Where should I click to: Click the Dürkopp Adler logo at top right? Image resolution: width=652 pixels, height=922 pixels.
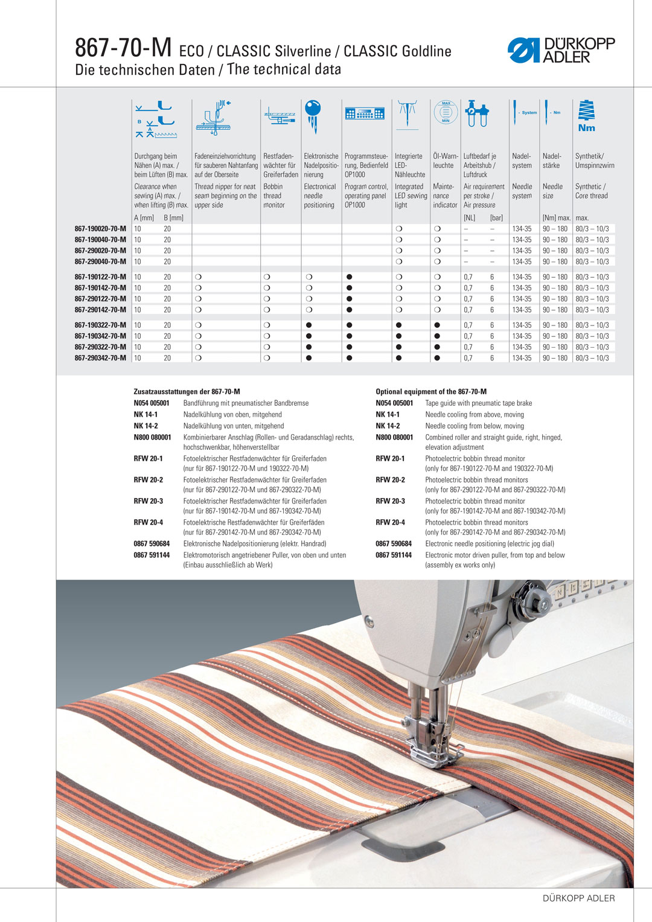click(561, 50)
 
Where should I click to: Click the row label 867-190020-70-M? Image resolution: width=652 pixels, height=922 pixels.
click(100, 229)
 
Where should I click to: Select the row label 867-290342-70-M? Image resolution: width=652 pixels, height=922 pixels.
click(100, 358)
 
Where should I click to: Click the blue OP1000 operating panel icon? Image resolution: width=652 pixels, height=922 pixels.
click(365, 114)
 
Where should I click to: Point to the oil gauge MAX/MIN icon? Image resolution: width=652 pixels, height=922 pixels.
click(446, 112)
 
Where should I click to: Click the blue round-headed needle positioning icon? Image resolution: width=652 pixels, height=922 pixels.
click(313, 115)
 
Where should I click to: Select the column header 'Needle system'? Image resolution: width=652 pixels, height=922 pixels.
click(522, 191)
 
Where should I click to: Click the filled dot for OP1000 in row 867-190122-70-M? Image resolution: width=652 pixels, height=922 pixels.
click(350, 277)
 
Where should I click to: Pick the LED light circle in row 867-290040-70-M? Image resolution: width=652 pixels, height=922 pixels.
click(399, 261)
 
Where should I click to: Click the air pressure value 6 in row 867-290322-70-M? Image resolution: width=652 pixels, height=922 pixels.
click(492, 347)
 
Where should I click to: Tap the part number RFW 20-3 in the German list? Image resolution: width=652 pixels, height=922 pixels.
click(148, 501)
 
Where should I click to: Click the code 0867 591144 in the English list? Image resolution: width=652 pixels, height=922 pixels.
click(394, 555)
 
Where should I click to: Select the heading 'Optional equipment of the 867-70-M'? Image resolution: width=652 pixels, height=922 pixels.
click(431, 392)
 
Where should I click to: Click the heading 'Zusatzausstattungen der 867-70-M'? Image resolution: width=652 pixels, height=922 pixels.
click(187, 392)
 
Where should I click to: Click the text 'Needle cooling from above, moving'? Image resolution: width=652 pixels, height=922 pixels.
click(475, 415)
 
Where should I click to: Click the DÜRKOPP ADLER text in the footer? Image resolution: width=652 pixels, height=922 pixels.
click(578, 898)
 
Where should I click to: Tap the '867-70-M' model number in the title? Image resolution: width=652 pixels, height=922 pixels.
click(123, 48)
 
